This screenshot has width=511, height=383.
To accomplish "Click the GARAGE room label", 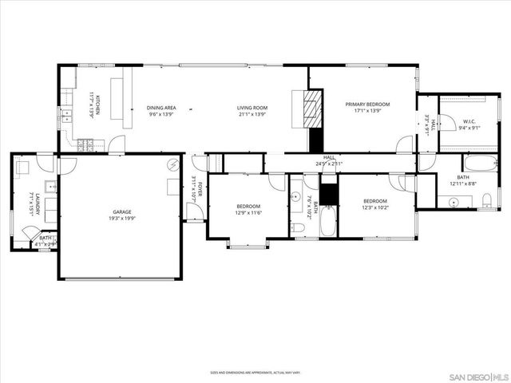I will (122, 212).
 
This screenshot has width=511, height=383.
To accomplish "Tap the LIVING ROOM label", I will (252, 108).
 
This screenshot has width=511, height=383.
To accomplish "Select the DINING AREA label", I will (162, 108).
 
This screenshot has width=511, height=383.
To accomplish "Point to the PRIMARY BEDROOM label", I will (362, 105).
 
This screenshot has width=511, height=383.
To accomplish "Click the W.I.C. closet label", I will (469, 121).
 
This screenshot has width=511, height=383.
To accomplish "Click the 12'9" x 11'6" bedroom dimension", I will (248, 213).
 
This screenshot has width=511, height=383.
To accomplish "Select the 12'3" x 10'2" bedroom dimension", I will (375, 207).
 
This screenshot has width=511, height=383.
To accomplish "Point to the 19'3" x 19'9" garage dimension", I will (122, 219).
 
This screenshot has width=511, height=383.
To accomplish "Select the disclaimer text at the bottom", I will (255, 372).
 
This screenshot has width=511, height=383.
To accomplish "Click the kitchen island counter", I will (125, 102).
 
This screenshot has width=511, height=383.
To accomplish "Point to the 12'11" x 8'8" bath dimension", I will (463, 184).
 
